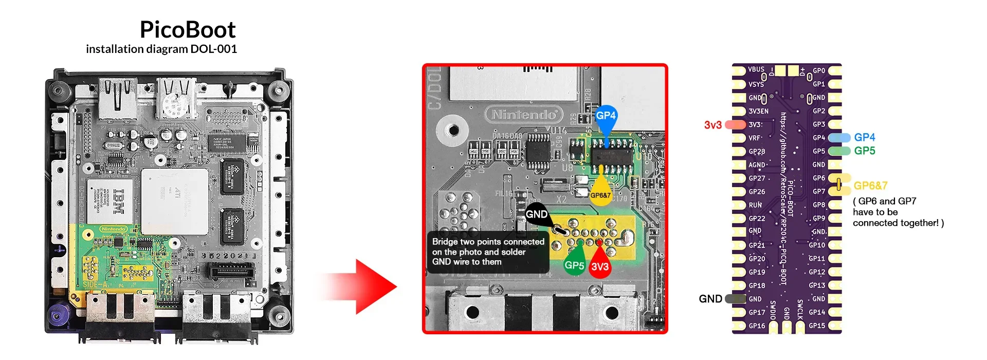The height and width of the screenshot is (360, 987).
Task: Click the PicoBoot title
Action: (188, 30)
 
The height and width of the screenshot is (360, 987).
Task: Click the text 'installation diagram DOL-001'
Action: (161, 49)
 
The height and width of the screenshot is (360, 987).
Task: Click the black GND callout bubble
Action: (537, 214)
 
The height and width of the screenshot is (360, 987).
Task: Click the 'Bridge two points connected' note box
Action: (488, 252)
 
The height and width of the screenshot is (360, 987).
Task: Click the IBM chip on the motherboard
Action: (118, 201)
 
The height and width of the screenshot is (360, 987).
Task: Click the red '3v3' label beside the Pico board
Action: (712, 125)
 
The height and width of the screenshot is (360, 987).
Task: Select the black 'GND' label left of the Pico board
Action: (710, 299)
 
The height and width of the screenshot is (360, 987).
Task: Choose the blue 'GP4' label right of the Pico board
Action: (864, 137)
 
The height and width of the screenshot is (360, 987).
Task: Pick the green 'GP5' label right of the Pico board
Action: (864, 151)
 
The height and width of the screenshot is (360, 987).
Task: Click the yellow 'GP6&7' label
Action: (870, 186)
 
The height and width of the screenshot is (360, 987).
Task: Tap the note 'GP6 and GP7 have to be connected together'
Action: (898, 212)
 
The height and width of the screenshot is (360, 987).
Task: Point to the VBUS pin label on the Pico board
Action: (756, 69)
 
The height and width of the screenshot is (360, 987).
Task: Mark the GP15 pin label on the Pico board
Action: (816, 326)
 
